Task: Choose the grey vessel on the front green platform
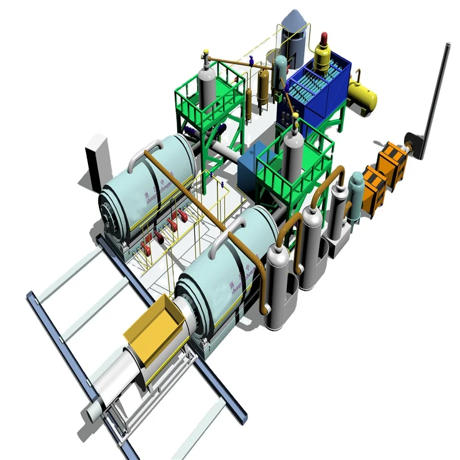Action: tap(292, 152)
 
